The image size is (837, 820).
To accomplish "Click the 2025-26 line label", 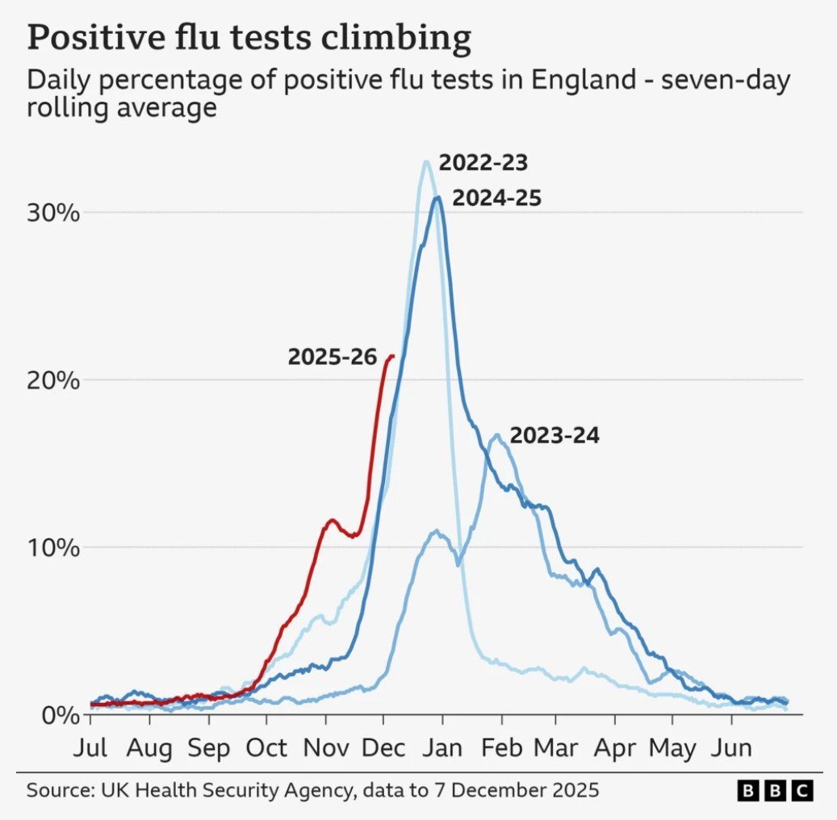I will pos(332,357).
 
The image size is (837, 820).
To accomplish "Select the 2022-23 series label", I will pos(483,164).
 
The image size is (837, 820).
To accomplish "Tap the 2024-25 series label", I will pos(496,198).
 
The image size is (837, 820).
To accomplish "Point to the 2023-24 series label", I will pos(555,436).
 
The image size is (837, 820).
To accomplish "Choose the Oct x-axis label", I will pos(267,747).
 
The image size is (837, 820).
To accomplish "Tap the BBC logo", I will pos(775,789).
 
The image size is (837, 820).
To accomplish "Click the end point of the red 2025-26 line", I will pos(392,356).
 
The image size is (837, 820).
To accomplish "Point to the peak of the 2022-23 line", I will pos(425,162).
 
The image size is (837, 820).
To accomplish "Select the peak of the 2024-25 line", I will pos(437,197).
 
